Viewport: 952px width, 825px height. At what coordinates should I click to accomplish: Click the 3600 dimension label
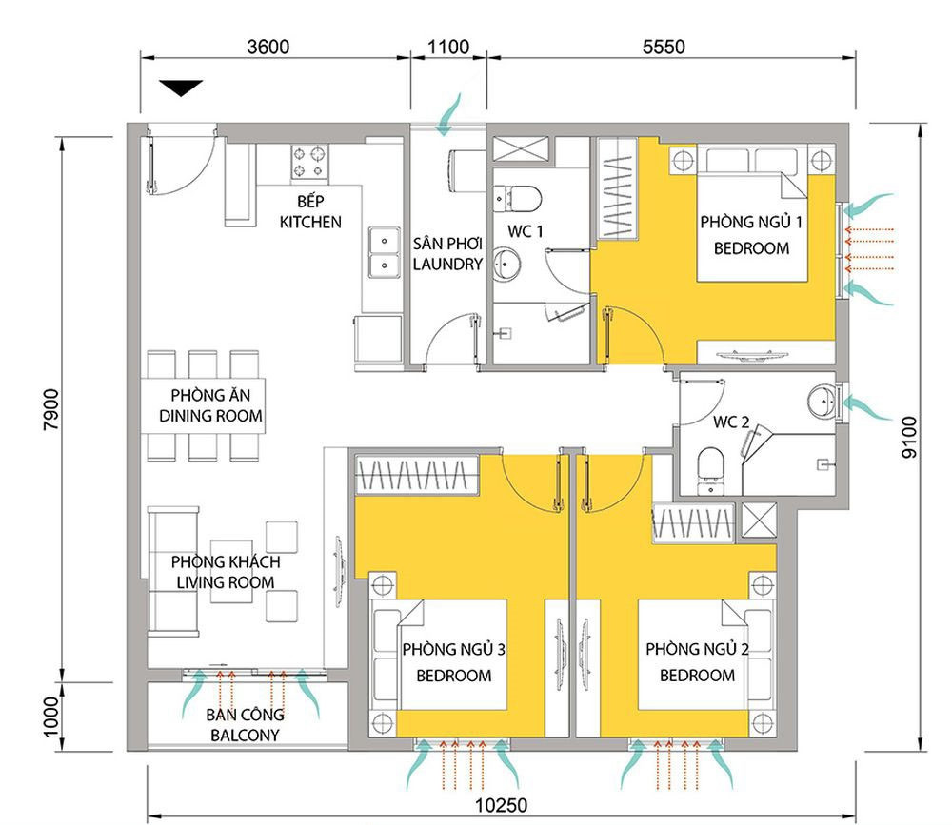point(268,47)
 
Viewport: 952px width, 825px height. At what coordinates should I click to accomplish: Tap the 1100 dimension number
point(448,47)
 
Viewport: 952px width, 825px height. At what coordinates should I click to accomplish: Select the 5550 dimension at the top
point(664,47)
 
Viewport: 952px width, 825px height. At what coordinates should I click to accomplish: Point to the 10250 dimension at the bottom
point(501,806)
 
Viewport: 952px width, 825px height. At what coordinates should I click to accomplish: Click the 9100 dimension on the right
point(909,437)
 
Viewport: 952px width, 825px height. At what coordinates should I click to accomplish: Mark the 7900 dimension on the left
point(51,409)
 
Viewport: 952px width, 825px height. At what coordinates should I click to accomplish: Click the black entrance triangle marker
point(181,88)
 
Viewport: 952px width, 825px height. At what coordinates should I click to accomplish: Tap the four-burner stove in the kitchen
point(309,164)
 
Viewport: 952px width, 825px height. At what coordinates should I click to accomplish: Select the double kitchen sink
point(385,252)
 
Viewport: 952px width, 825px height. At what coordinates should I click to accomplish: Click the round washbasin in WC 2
point(823,401)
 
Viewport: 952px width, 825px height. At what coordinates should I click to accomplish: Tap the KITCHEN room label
point(310,222)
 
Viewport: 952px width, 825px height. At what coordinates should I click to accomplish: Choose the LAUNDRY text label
point(447,265)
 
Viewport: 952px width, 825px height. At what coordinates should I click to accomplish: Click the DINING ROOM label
point(210,416)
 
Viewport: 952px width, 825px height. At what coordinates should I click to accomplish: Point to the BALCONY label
point(245,736)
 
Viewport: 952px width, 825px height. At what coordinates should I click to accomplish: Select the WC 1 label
point(526,231)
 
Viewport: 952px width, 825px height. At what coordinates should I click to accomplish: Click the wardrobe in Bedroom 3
point(417,475)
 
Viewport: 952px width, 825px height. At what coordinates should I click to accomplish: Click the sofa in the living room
point(173,571)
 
